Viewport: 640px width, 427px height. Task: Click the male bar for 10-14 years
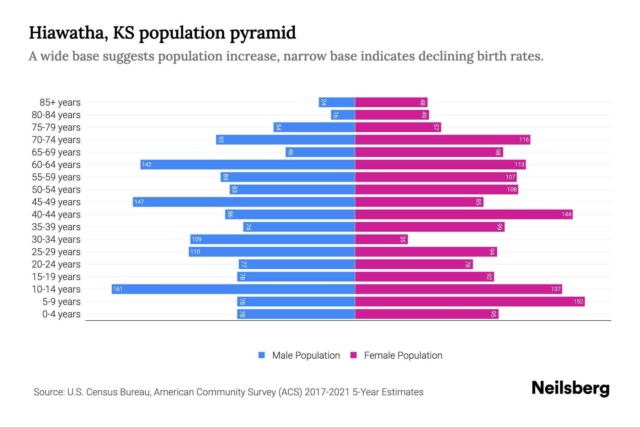[233, 289]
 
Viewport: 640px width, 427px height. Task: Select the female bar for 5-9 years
[469, 301]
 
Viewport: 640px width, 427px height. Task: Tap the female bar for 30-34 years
[381, 239]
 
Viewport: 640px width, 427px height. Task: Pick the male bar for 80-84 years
[343, 115]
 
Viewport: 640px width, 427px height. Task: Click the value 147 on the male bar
[139, 202]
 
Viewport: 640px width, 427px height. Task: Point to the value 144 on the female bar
[566, 214]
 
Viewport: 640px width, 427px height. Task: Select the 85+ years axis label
[60, 102]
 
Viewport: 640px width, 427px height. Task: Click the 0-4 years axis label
[61, 314]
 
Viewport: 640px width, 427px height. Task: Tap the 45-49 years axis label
[56, 202]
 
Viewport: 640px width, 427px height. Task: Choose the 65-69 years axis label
[56, 152]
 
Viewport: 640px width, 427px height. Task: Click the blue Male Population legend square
[262, 355]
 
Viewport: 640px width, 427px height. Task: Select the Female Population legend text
[403, 355]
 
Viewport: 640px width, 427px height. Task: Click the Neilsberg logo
[570, 388]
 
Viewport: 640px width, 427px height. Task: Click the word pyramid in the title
[262, 33]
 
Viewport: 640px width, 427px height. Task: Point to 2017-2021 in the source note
[327, 392]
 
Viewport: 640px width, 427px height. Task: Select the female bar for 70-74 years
[442, 139]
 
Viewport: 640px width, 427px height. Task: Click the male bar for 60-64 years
[247, 164]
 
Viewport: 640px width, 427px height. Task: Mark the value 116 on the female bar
[524, 139]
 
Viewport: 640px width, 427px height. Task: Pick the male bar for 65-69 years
[320, 152]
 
